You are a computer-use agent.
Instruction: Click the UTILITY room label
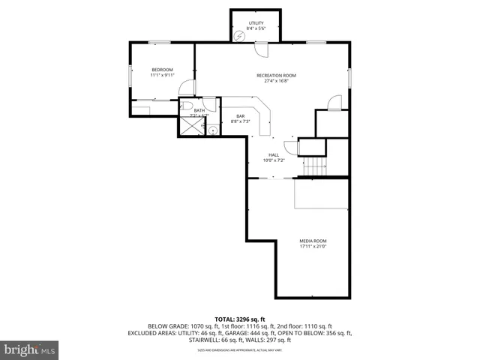tap(256, 23)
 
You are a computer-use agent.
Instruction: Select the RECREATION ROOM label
tap(276, 75)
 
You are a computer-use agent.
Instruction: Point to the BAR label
tap(241, 115)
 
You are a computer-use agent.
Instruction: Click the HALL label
tap(274, 154)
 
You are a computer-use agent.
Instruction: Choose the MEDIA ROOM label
tap(313, 241)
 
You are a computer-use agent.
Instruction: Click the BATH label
tap(199, 111)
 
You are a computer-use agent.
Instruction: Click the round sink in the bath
tap(213, 130)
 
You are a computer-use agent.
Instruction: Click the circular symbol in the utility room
tap(239, 37)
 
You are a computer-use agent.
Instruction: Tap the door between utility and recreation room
tap(262, 49)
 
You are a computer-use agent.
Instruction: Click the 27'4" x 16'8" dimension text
tap(276, 81)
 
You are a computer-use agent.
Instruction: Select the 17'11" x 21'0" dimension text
tap(313, 247)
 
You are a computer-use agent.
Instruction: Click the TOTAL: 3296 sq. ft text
tap(240, 319)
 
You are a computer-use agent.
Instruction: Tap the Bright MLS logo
tap(30, 349)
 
